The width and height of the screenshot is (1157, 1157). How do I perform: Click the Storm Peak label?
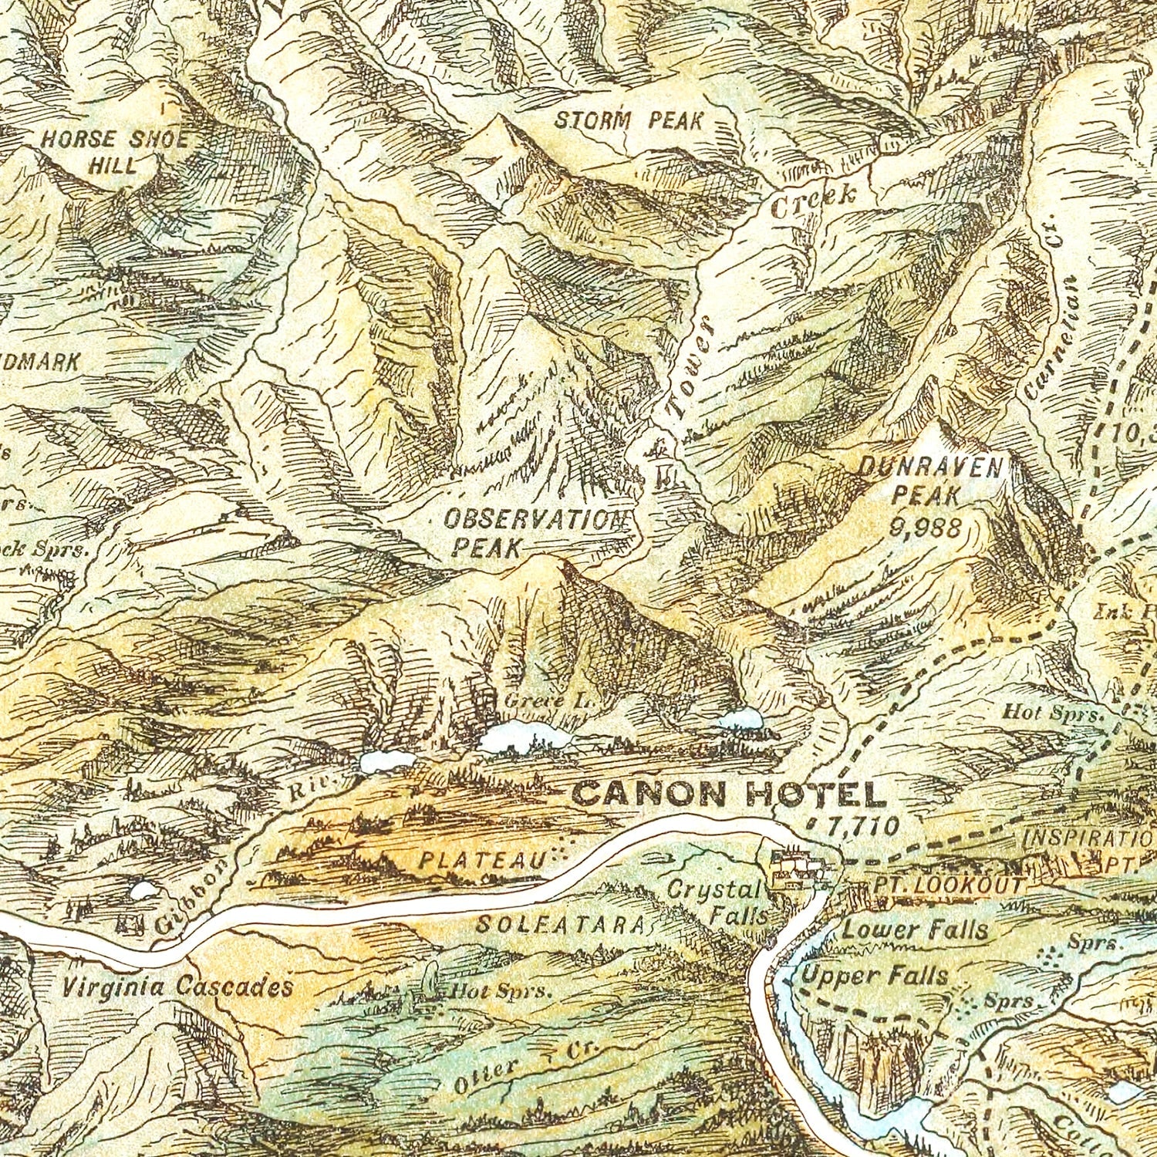[x=629, y=120]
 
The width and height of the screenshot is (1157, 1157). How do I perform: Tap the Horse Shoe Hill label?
[x=114, y=151]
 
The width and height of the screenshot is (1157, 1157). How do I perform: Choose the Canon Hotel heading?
[x=727, y=794]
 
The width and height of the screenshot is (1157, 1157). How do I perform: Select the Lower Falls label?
[x=915, y=929]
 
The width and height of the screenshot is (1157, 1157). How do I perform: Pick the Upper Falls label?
[x=875, y=975]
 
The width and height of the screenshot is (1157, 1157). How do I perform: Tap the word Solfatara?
[x=560, y=923]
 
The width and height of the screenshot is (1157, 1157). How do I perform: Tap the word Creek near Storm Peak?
[x=813, y=201]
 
